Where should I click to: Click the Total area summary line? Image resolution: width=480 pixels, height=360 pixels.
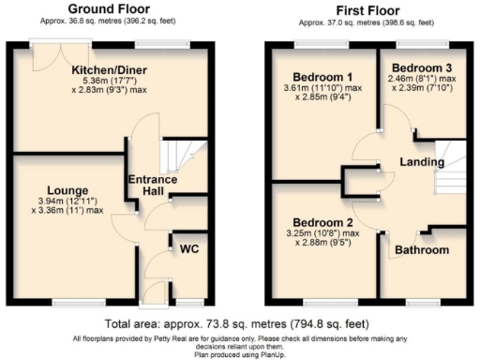click(x=240, y=322)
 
